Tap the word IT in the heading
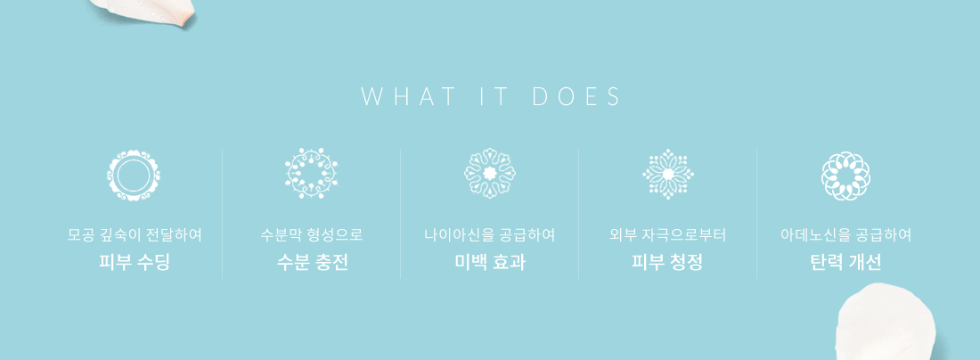pos(495,97)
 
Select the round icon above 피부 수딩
pos(133,175)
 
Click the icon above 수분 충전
pos(311,174)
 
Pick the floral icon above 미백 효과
pos(489,173)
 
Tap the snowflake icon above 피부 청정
pos(668,174)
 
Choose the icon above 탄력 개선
pos(845,176)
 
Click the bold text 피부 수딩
pos(134,262)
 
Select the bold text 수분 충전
pos(312,262)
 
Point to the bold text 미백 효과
pos(490,262)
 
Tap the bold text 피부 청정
pos(667,262)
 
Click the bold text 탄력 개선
pos(845,262)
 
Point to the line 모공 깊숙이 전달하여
pos(135,235)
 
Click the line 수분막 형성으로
pos(312,235)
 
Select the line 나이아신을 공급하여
pos(490,235)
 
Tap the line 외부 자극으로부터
pos(667,235)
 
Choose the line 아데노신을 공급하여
pos(845,235)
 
